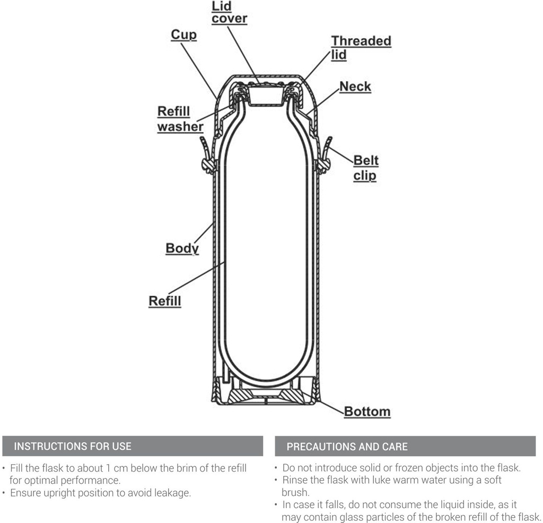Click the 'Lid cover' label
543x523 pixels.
click(x=229, y=13)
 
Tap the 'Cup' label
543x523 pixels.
click(x=183, y=34)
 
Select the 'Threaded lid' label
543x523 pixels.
click(x=361, y=48)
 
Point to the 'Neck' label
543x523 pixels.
click(x=355, y=86)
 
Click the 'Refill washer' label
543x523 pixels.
click(x=180, y=119)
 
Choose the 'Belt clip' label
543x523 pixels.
click(x=366, y=168)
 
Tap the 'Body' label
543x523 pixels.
click(x=182, y=248)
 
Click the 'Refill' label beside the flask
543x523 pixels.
click(x=165, y=301)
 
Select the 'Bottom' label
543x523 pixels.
click(x=367, y=412)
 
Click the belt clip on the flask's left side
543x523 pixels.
click(x=207, y=156)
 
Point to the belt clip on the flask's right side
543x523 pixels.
click(x=324, y=156)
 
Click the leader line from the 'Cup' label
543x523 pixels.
click(x=199, y=71)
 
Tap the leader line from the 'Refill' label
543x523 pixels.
click(x=196, y=278)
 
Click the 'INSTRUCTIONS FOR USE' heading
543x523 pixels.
click(x=73, y=446)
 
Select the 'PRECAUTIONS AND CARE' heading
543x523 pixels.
click(x=347, y=447)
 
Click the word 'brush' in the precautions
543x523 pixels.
click(x=294, y=492)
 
